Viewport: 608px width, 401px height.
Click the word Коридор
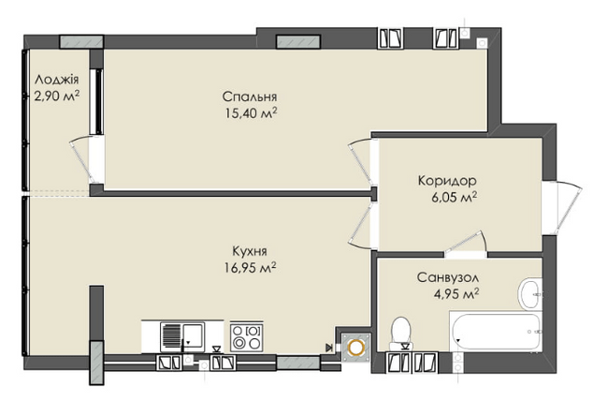(446, 181)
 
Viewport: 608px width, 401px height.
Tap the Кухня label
(251, 251)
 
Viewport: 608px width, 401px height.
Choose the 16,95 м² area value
(251, 267)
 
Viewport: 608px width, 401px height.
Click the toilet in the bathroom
(401, 332)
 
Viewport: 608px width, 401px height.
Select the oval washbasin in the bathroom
(530, 291)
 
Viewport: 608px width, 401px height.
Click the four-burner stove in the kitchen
(248, 335)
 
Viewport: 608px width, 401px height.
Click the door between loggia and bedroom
(83, 159)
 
